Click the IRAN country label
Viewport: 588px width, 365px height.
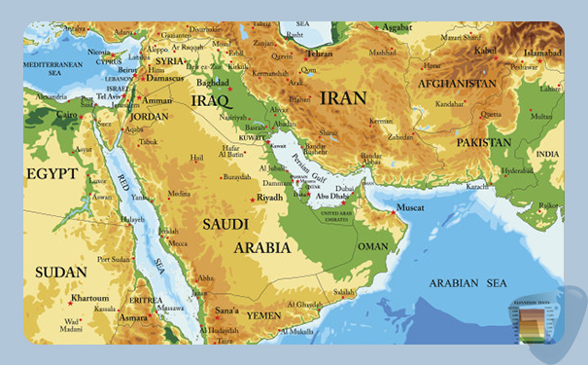343,98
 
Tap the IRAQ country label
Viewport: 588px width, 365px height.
212,100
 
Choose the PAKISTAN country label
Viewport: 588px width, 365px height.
484,142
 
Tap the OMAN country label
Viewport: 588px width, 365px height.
372,246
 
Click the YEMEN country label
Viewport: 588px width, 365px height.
262,315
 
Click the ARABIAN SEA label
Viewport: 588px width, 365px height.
468,283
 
